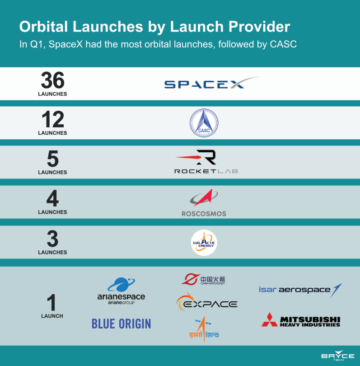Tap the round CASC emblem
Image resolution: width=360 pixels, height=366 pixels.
pyautogui.click(x=204, y=123)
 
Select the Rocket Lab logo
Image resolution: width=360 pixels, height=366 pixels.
pyautogui.click(x=206, y=162)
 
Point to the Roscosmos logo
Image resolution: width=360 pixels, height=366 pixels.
pyautogui.click(x=204, y=202)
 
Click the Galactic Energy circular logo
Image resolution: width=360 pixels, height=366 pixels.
pyautogui.click(x=204, y=243)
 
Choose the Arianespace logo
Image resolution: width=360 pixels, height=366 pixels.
pyautogui.click(x=121, y=291)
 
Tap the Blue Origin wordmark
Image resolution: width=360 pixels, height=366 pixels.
pyautogui.click(x=122, y=324)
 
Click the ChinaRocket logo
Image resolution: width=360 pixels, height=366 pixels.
pyautogui.click(x=203, y=279)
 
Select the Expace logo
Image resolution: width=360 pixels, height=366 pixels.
pyautogui.click(x=207, y=302)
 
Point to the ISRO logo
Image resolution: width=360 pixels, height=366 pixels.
pyautogui.click(x=204, y=329)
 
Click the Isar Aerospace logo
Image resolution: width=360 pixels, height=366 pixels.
pyautogui.click(x=300, y=290)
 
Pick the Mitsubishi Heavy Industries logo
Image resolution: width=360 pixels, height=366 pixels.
pyautogui.click(x=301, y=320)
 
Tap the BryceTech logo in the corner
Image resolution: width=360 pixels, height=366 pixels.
pyautogui.click(x=338, y=355)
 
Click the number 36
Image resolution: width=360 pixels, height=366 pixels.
pyautogui.click(x=53, y=80)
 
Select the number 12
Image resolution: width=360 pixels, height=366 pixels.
pyautogui.click(x=53, y=119)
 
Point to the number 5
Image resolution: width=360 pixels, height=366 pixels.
pyautogui.click(x=53, y=159)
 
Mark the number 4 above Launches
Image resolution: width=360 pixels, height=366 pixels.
pyautogui.click(x=52, y=198)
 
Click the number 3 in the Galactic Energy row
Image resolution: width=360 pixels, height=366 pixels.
pyautogui.click(x=52, y=239)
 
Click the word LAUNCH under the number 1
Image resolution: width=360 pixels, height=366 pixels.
pyautogui.click(x=52, y=316)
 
